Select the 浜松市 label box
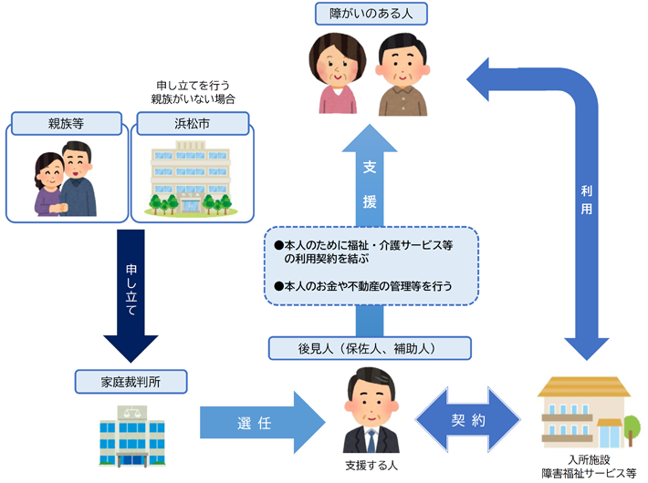(x=193, y=123)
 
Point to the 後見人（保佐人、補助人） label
(x=371, y=347)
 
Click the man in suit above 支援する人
(x=371, y=415)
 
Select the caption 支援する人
(x=370, y=466)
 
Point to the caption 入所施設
(x=588, y=459)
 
